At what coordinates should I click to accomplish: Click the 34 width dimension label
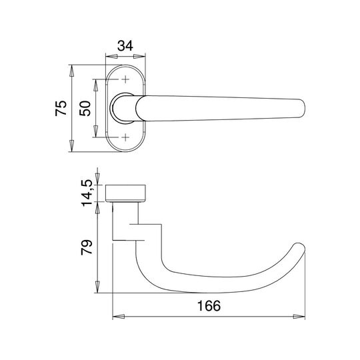pos(125,46)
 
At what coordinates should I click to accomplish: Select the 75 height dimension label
pos(61,108)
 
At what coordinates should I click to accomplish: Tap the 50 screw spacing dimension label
pos(85,108)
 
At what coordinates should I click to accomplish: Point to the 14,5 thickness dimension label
pos(87,193)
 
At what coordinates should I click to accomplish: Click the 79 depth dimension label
pos(87,247)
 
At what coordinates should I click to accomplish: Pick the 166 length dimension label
pos(209,305)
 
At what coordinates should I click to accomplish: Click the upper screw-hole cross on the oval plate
pos(125,79)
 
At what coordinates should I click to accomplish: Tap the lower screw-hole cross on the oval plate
pos(125,137)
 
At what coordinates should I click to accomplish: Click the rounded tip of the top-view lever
pos(303,109)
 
